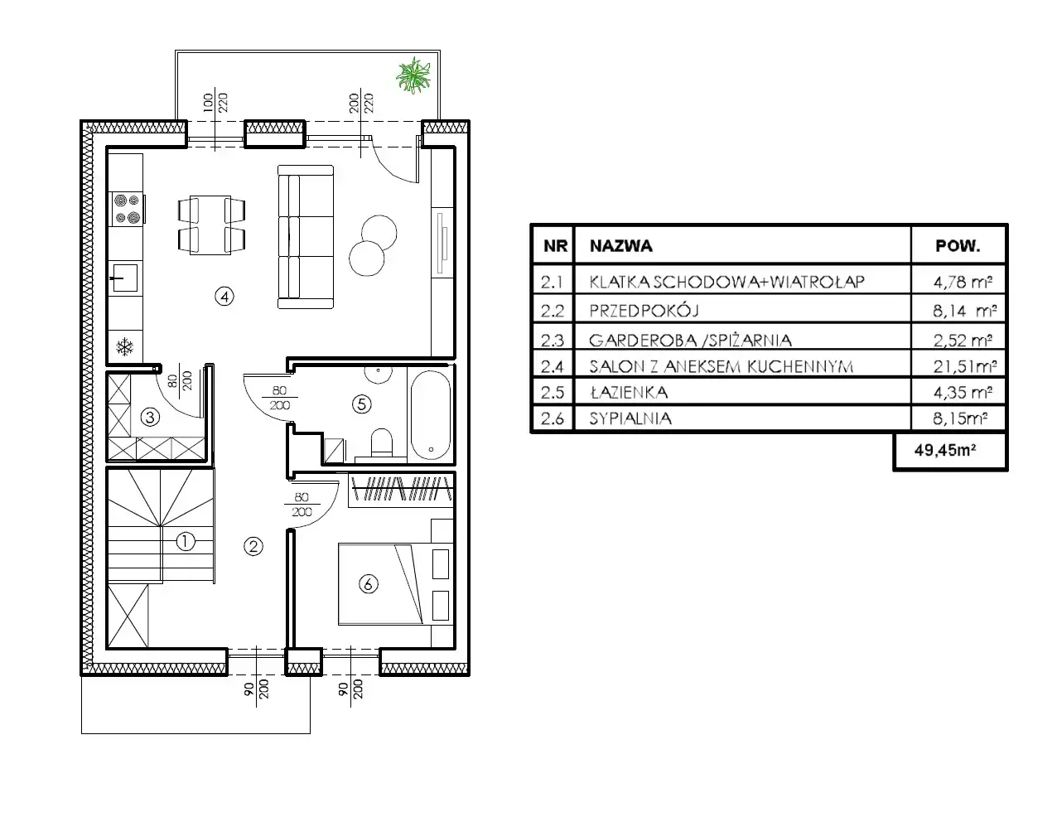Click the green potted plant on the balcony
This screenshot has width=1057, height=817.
pos(413,75)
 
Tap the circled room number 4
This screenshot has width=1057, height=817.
pos(224,297)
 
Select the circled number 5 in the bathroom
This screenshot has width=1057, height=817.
pos(361,404)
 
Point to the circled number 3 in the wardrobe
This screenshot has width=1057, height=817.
pos(150,417)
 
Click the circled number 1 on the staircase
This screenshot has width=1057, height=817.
pos(186,541)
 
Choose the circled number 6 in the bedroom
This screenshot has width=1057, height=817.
pos(368,584)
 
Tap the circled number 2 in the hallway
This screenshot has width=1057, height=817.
pos(253,546)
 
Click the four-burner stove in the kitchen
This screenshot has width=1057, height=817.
pos(127,209)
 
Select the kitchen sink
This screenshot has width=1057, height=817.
pos(125,278)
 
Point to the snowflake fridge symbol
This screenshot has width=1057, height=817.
pos(125,347)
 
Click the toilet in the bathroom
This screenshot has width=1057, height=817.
pos(381,442)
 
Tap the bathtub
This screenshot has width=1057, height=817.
pos(431,416)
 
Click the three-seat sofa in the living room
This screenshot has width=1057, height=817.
pos(306,237)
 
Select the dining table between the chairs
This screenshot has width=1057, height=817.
pos(210,225)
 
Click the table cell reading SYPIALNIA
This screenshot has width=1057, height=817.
pos(630,418)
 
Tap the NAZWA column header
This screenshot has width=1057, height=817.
pos(621,246)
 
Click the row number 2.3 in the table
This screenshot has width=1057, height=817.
pos(552,340)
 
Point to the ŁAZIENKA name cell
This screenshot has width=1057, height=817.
pos(629,392)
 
